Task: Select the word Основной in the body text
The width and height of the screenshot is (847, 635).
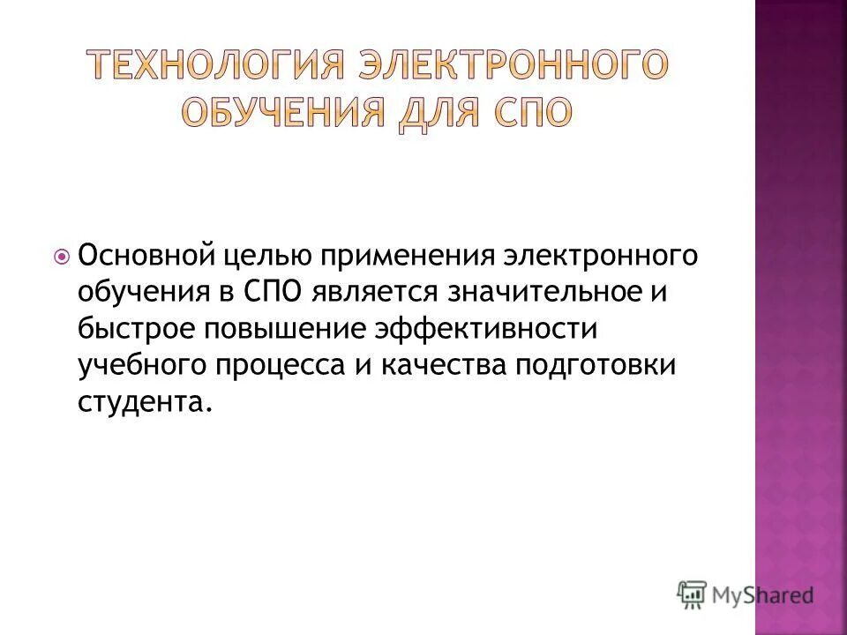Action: pyautogui.click(x=146, y=257)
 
